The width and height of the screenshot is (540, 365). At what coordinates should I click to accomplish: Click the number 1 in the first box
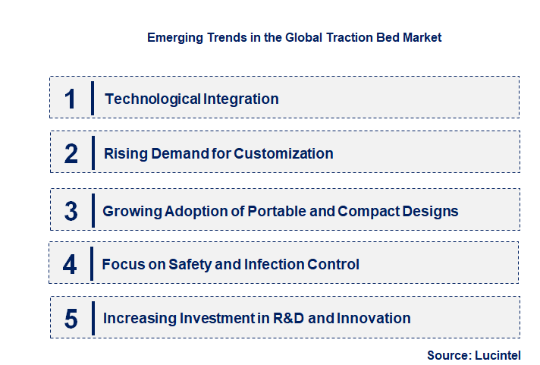pos(71,99)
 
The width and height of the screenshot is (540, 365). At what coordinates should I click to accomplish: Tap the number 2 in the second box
pos(71,153)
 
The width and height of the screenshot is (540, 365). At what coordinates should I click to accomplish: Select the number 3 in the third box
pos(71,211)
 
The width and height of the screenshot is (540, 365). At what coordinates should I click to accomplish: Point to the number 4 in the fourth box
pos(71,265)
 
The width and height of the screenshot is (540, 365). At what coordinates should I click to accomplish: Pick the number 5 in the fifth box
pos(71,319)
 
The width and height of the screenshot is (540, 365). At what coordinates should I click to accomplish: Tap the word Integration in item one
pos(241,99)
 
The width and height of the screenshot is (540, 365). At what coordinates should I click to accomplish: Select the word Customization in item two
pos(284,153)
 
